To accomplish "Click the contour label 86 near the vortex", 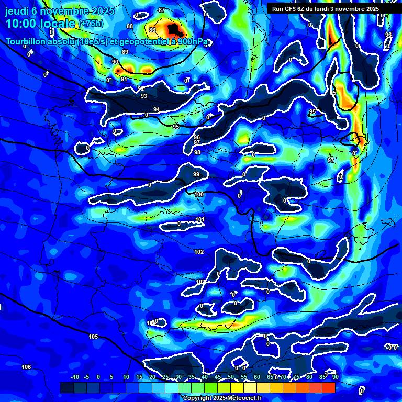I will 152,30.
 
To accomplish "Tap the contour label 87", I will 161,10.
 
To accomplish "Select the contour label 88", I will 130,26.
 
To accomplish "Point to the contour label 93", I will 144,96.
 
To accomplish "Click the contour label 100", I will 199,194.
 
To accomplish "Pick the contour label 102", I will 199,252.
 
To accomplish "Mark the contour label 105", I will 93,336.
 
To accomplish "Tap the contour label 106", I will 26,367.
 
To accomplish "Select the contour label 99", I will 196,174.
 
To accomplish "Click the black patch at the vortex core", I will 174,29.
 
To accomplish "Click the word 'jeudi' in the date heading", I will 21,11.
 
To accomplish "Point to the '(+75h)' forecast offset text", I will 90,24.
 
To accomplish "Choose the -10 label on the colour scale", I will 74,377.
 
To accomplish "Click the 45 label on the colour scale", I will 218,377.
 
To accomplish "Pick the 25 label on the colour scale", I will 165,377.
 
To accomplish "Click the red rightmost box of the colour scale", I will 328,387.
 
